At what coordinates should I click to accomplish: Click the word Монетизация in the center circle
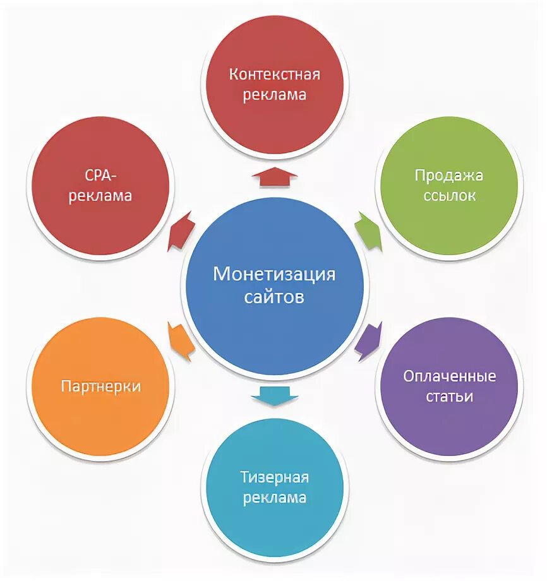[274, 275]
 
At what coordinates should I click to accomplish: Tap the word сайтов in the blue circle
[274, 296]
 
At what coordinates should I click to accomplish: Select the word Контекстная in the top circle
[275, 75]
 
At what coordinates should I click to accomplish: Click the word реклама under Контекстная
[275, 95]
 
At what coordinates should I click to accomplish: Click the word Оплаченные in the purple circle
[450, 376]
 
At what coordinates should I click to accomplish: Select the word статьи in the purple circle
[449, 397]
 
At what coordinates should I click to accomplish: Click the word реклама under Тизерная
[275, 498]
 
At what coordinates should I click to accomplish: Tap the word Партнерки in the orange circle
[101, 386]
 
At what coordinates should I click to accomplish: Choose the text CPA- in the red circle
[101, 175]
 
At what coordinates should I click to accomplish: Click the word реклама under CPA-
[101, 196]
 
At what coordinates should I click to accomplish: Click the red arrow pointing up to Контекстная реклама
[275, 176]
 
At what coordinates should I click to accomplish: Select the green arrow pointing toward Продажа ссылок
[370, 229]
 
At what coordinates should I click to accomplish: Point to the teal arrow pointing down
[274, 395]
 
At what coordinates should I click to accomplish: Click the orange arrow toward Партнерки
[181, 341]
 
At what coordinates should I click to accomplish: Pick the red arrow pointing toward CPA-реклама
[181, 230]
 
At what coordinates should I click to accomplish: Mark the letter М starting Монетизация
[220, 275]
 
